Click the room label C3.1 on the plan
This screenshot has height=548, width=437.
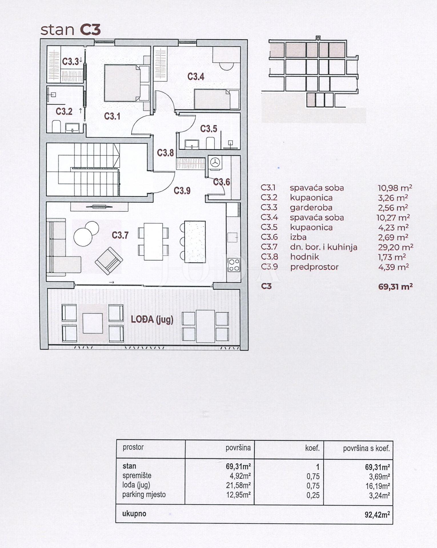point(112,116)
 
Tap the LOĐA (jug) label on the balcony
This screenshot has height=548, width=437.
point(152,319)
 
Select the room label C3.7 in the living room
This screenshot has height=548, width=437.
point(120,235)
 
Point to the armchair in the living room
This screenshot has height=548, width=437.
point(109,261)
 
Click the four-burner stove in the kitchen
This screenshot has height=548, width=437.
point(234,265)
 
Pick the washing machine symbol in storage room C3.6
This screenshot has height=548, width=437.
point(215,163)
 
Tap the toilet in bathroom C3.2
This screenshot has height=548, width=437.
point(56,126)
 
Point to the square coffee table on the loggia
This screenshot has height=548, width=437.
point(93,323)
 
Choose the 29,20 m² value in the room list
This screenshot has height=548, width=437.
point(395,247)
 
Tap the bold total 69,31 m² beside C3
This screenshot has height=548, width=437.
point(395,286)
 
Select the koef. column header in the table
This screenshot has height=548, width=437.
point(312,448)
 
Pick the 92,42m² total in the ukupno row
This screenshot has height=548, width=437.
point(377,514)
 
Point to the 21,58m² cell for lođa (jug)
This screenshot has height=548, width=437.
point(238,485)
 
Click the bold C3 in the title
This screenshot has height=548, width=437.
point(90,30)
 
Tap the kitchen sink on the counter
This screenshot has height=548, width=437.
point(233,236)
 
